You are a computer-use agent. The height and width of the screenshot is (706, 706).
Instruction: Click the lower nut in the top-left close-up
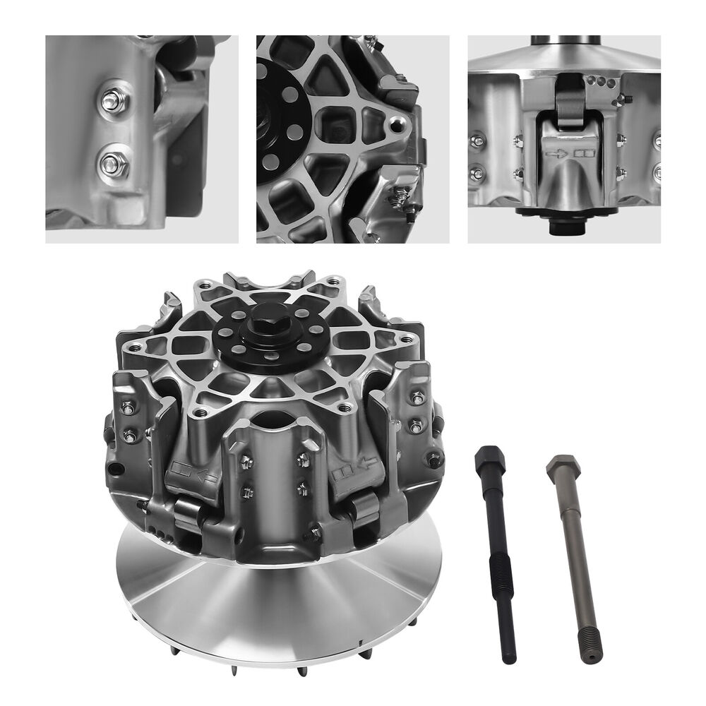coord(113,164)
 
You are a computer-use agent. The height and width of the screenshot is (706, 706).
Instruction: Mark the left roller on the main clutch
coord(189,512)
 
